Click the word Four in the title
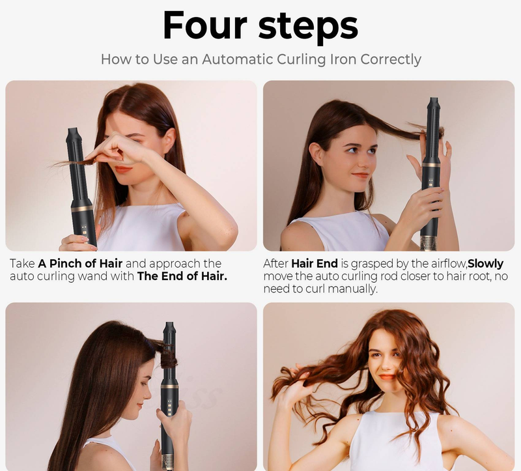click(205, 25)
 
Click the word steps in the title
click(308, 28)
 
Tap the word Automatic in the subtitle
click(238, 59)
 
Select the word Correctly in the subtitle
click(391, 60)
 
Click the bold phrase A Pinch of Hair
click(80, 264)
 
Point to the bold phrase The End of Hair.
click(182, 276)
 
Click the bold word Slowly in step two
click(485, 264)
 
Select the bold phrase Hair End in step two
click(315, 264)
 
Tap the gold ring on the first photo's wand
click(82, 208)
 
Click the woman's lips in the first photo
click(123, 169)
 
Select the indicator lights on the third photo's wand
click(169, 407)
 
